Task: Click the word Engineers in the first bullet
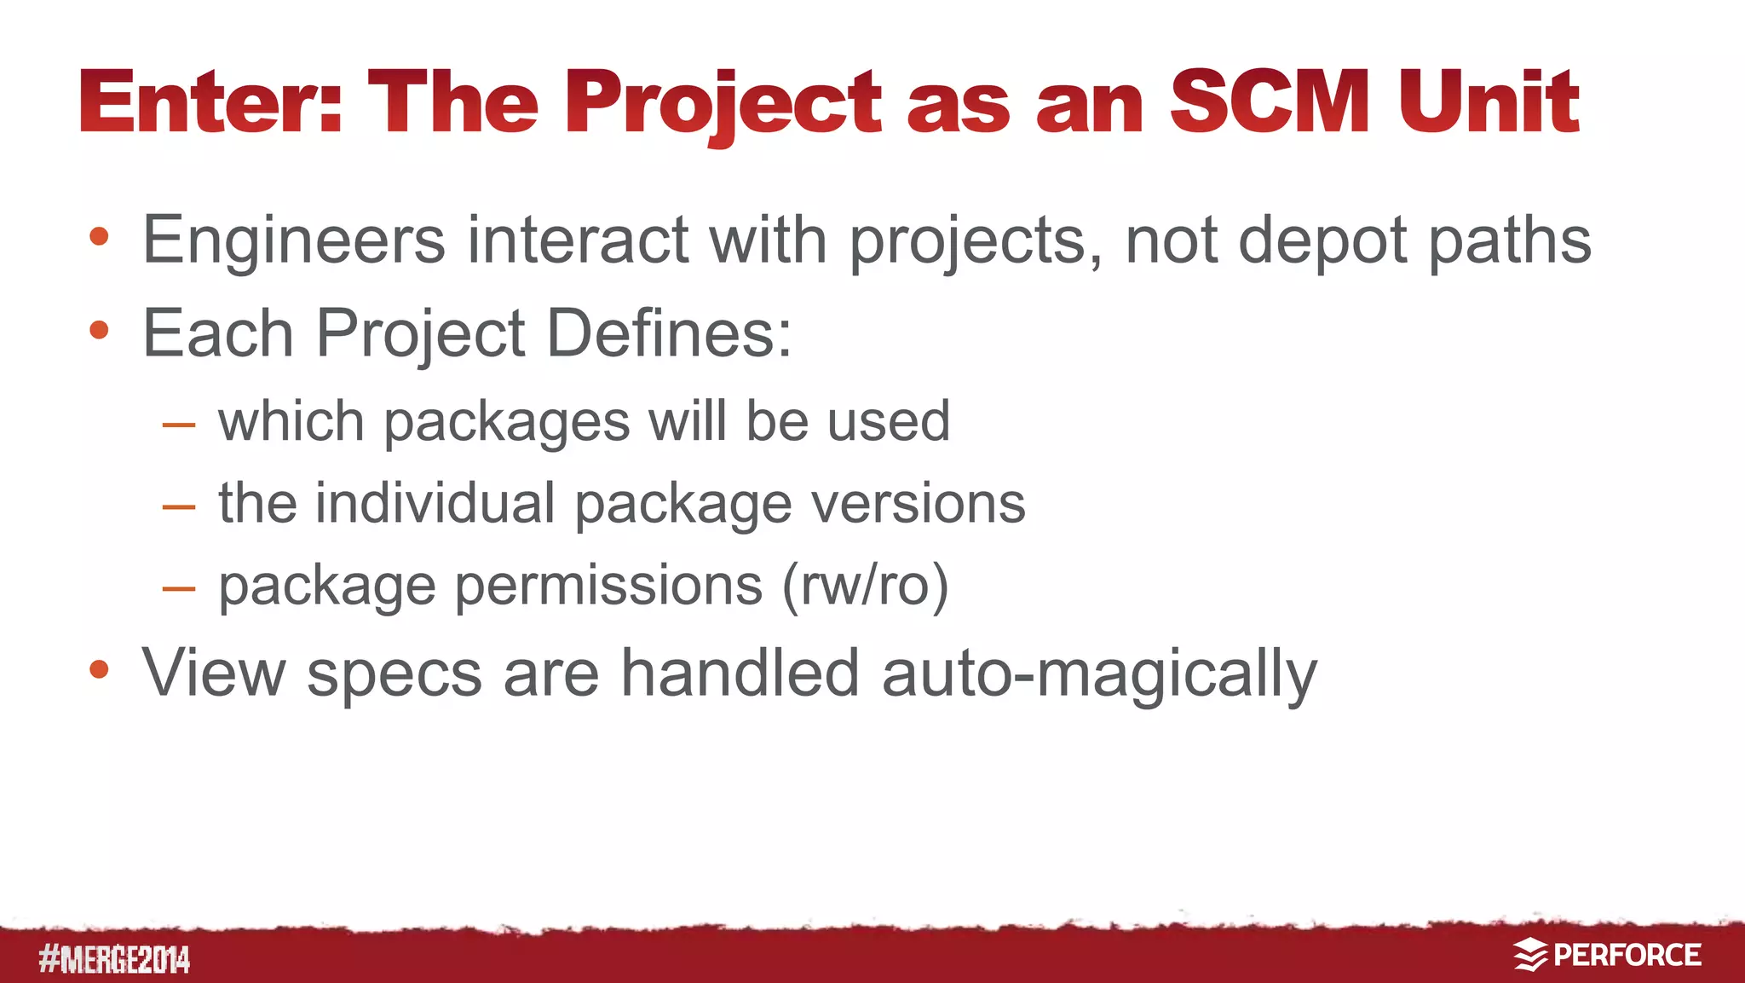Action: pyautogui.click(x=293, y=240)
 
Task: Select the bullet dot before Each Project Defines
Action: pyautogui.click(x=99, y=331)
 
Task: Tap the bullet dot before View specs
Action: pyautogui.click(x=99, y=669)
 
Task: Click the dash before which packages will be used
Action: pyautogui.click(x=179, y=424)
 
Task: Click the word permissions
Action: pyautogui.click(x=608, y=587)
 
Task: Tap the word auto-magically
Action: pyautogui.click(x=1099, y=674)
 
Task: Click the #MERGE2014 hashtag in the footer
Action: pyautogui.click(x=114, y=960)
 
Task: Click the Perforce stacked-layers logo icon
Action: pyautogui.click(x=1530, y=955)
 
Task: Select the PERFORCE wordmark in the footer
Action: pyautogui.click(x=1627, y=955)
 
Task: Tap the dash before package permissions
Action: pyautogui.click(x=179, y=588)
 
